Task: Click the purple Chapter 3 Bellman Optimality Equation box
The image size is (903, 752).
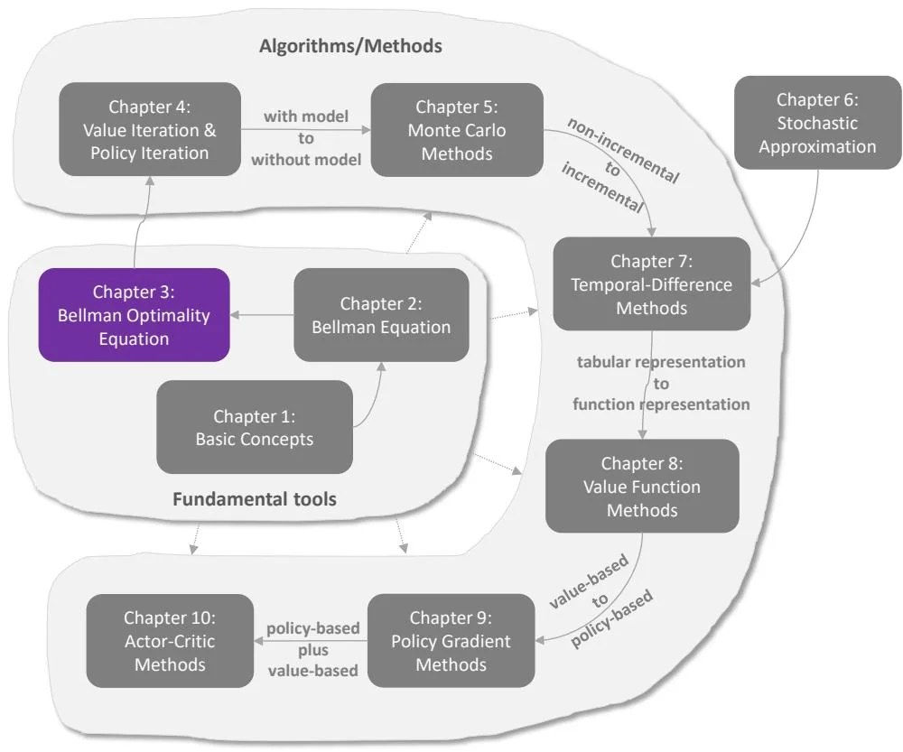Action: (133, 315)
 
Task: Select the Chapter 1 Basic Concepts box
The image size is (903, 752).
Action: (254, 428)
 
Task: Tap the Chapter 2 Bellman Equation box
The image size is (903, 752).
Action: (381, 315)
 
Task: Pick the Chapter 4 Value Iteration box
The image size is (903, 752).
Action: (150, 129)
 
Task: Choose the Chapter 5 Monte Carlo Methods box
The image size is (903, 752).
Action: (457, 129)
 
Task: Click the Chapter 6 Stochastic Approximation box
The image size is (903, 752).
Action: (817, 123)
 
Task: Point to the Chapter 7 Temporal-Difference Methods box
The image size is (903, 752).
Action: (652, 284)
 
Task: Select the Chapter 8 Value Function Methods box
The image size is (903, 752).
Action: (642, 487)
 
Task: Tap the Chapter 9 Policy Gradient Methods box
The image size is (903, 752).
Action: (451, 641)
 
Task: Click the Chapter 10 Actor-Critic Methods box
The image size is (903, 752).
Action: (170, 641)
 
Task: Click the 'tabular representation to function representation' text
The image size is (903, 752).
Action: (662, 383)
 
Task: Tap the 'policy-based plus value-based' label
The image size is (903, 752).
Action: (312, 649)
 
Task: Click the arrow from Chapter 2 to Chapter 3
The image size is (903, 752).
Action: (262, 315)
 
